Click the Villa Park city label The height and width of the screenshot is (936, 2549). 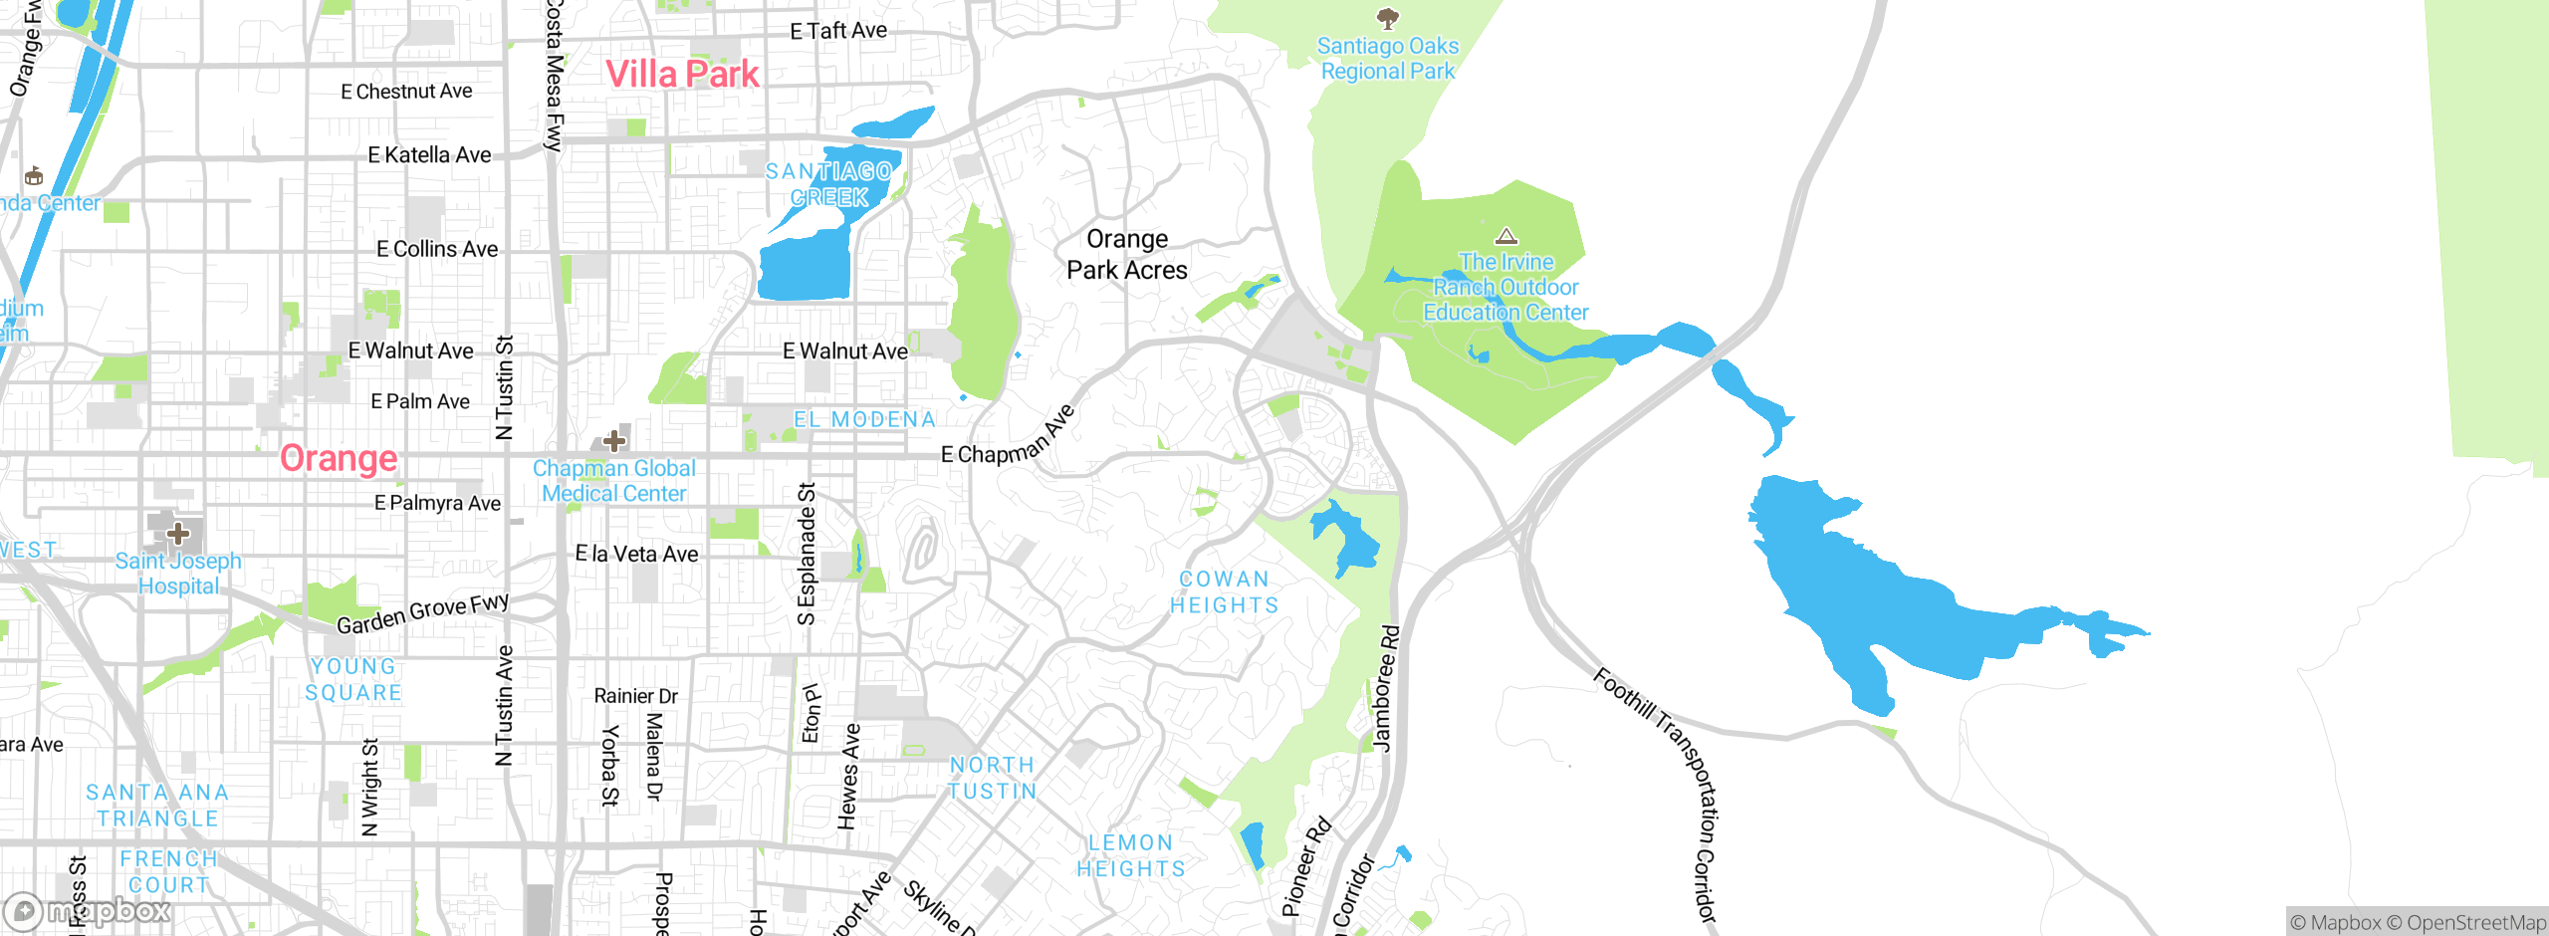coord(682,74)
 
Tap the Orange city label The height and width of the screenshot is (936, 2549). coord(339,458)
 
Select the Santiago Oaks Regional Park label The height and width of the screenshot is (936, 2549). coord(1387,59)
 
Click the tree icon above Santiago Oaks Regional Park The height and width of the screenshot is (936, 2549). coord(1387,18)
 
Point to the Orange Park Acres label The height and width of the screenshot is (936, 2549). coord(1126,255)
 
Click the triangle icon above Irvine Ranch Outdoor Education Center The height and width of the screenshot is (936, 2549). coord(1506,236)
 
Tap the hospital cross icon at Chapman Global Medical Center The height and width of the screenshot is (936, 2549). coord(614,440)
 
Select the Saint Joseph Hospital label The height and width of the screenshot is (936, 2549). coord(178,574)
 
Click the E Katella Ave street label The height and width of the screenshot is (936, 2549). coord(429,155)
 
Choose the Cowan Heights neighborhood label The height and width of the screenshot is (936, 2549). coord(1224,592)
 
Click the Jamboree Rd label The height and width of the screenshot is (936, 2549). coord(1385,688)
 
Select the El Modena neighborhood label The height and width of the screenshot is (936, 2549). coord(864,419)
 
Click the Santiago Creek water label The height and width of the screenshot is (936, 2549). coord(828,184)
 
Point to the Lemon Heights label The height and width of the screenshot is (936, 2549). coord(1131,855)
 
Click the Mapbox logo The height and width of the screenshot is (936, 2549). coord(88,910)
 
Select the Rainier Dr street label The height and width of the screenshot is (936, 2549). coord(635,696)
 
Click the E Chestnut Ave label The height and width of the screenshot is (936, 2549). coord(406,92)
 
